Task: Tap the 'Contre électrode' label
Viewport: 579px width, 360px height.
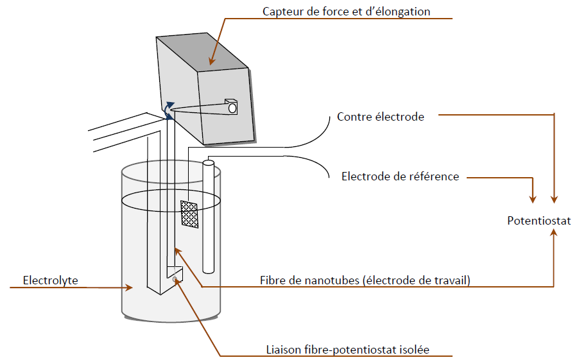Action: (x=380, y=117)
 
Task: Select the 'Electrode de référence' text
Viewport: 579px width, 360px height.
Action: (x=400, y=176)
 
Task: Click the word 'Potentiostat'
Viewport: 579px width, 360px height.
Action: (x=539, y=221)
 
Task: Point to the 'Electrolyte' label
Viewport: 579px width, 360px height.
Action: (x=49, y=280)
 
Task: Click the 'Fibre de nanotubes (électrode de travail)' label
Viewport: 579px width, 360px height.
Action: (x=365, y=280)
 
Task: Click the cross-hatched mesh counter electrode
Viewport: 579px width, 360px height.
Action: (x=189, y=214)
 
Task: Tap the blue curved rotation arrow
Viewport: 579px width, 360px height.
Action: (x=168, y=110)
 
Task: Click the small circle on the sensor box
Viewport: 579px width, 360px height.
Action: (x=232, y=108)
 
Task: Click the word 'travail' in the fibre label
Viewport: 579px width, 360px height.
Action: (x=452, y=280)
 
